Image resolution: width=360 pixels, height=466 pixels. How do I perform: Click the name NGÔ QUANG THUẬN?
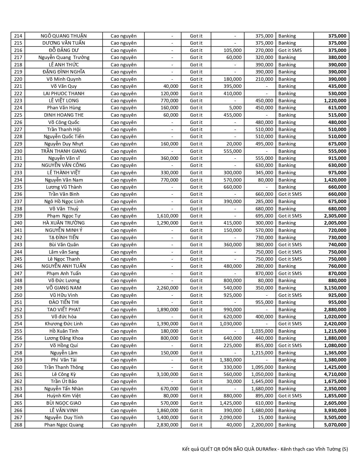(x=64, y=36)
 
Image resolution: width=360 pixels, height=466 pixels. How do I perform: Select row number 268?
(x=18, y=425)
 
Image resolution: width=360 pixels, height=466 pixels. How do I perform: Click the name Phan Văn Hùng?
(x=64, y=108)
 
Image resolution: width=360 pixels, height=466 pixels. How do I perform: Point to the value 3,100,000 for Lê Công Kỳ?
(x=167, y=374)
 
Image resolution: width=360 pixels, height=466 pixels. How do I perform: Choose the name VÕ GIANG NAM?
(x=64, y=288)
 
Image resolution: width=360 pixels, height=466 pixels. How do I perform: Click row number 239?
(x=18, y=216)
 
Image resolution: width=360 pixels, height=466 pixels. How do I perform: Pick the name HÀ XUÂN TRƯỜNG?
(x=64, y=223)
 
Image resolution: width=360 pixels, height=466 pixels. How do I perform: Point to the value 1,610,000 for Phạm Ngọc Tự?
(x=167, y=216)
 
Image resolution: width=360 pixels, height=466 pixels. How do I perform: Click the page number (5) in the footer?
(x=345, y=449)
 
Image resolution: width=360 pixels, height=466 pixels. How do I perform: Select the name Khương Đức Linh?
(x=64, y=324)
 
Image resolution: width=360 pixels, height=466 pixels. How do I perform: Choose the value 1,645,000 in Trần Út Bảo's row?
(x=262, y=381)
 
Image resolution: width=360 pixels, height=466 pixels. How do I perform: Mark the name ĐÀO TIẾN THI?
(x=64, y=302)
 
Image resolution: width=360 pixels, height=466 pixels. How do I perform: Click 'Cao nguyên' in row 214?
(x=123, y=36)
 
